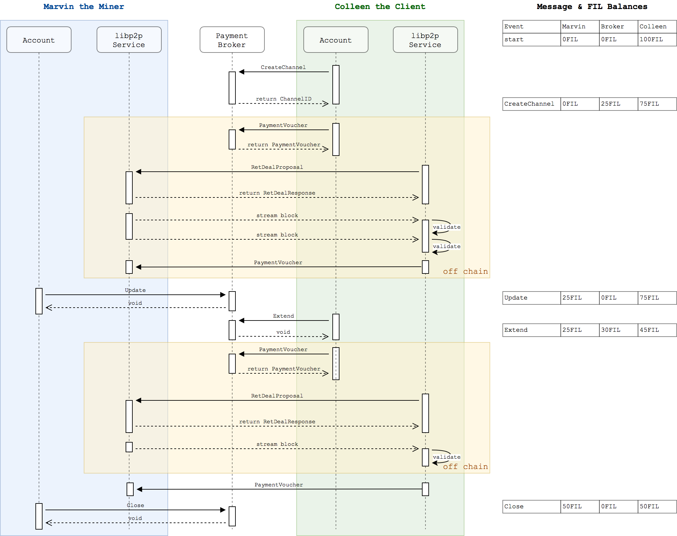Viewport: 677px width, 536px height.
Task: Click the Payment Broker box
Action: coord(232,40)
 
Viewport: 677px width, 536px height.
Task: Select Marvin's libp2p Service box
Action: coord(129,40)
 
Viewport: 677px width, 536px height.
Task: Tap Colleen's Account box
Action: coord(336,40)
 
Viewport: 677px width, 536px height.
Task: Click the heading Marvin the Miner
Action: coord(84,6)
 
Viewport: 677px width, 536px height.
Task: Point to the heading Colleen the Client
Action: coord(380,6)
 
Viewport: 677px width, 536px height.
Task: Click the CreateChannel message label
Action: coord(283,67)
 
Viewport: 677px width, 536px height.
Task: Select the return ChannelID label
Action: coord(283,99)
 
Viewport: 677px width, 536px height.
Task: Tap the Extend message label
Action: coord(283,316)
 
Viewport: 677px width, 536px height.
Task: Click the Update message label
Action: coord(135,290)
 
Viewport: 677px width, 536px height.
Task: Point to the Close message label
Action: coord(135,505)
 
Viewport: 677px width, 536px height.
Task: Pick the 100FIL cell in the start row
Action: coord(657,39)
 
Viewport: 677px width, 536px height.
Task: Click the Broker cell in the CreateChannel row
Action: coord(618,104)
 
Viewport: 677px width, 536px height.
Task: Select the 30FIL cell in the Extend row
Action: coord(618,330)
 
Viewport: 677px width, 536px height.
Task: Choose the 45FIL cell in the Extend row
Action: coord(657,330)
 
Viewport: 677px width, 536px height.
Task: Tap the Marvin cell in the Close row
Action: coord(580,506)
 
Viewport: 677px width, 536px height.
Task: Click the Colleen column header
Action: coord(657,26)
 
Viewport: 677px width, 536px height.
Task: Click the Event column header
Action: coord(531,26)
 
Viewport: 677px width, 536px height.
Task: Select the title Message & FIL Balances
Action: coord(592,6)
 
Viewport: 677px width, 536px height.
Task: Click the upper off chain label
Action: coord(465,271)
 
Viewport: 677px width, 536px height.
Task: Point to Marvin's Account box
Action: coord(39,40)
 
